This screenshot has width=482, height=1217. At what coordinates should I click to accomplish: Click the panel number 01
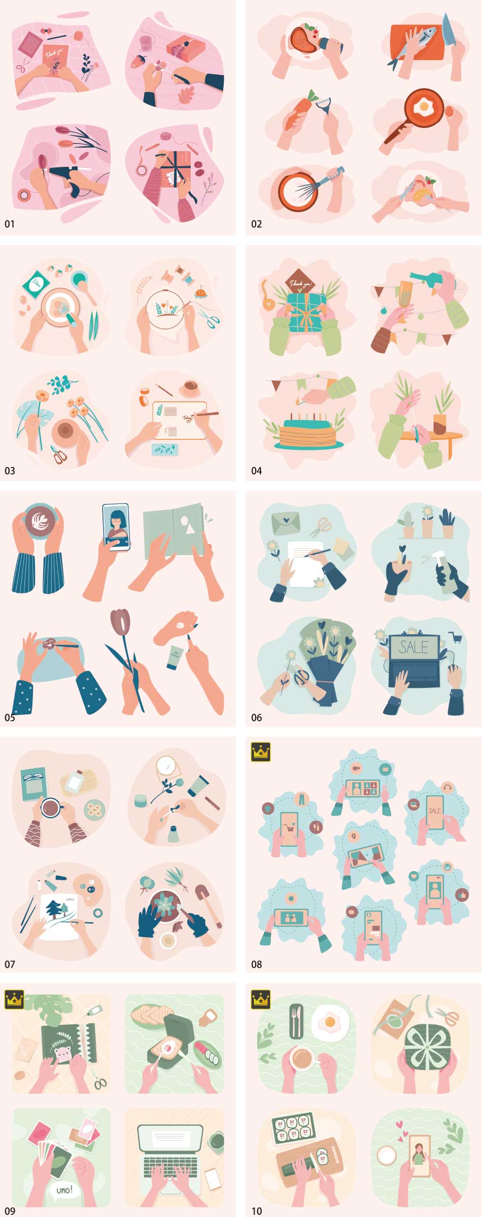pos(10,224)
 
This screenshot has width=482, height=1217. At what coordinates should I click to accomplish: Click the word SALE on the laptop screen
pos(413,647)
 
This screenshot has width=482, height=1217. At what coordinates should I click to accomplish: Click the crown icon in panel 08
pos(260,752)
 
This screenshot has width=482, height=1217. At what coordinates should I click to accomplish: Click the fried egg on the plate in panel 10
pos(330,1021)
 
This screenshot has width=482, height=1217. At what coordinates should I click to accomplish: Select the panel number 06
pos(256,718)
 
